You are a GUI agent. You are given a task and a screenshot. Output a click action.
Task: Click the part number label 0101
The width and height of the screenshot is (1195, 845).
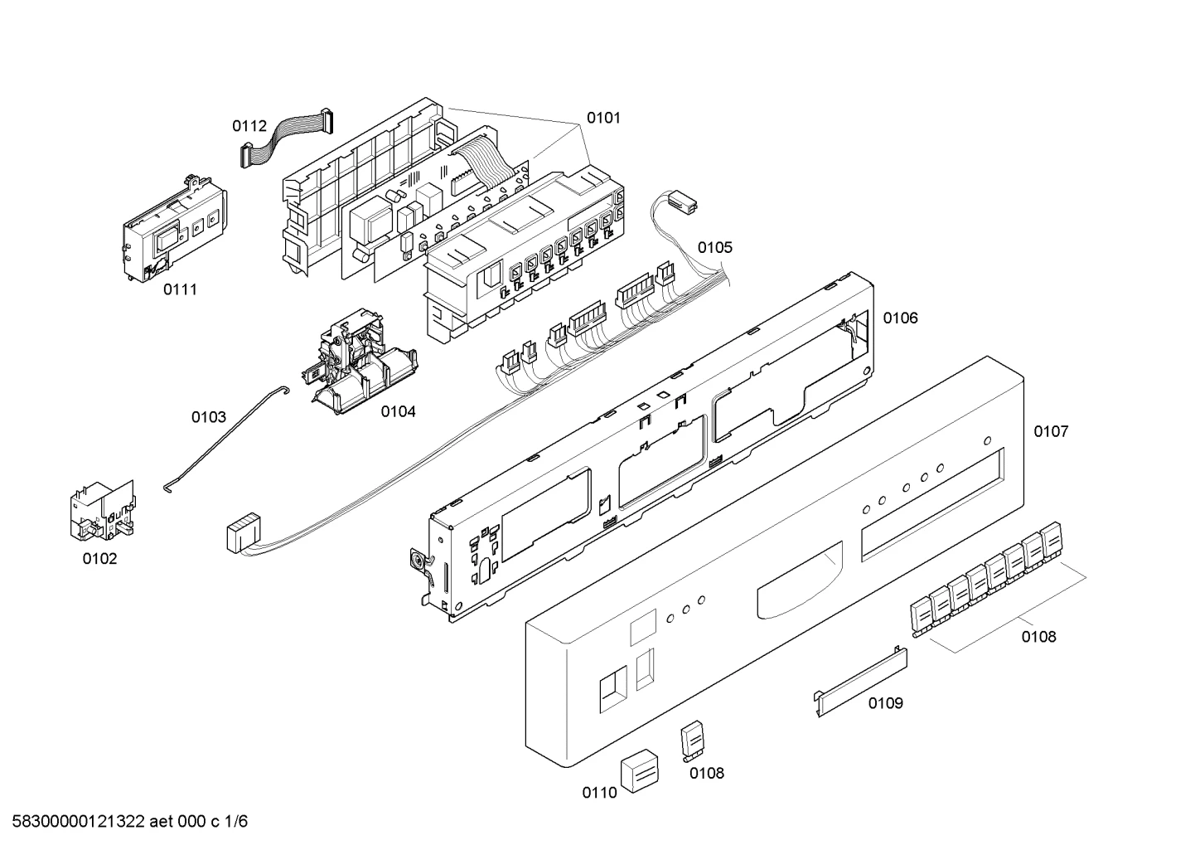[603, 118]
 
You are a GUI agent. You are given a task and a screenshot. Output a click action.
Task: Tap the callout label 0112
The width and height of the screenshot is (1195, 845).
[249, 126]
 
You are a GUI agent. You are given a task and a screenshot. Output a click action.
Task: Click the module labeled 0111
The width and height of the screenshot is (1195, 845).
[175, 228]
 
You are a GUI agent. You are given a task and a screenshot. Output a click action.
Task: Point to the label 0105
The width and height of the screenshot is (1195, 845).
[715, 248]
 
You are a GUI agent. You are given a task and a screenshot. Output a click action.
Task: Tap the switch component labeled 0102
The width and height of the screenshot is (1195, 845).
[103, 511]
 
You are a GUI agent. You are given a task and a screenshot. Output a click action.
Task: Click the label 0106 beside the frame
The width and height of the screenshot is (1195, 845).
[901, 318]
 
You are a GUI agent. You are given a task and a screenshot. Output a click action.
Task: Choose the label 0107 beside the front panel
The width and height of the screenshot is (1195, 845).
[1051, 431]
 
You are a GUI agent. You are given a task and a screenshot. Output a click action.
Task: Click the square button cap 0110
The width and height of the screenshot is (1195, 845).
[639, 771]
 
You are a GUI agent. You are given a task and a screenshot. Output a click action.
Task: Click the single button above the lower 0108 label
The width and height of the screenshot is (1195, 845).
[693, 741]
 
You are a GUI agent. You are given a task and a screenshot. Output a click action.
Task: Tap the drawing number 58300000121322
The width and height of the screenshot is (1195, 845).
[79, 822]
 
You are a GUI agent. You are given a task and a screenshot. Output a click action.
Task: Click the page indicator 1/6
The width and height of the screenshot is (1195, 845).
[236, 822]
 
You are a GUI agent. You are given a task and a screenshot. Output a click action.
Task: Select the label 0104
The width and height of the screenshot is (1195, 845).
[398, 411]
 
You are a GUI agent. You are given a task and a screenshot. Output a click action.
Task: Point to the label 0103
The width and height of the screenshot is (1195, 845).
[209, 417]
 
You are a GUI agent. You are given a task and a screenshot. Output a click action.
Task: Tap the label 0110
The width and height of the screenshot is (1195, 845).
[599, 793]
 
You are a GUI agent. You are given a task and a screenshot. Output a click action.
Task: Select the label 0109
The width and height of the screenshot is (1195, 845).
[886, 703]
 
